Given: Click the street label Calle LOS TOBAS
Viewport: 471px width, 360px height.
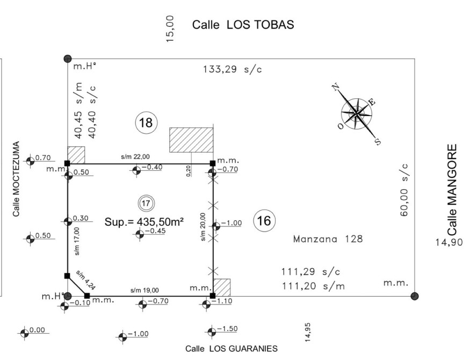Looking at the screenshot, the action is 243,25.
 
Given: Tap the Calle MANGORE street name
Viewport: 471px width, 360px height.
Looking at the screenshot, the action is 452,190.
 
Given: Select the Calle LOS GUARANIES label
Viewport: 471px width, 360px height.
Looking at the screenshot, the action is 231,349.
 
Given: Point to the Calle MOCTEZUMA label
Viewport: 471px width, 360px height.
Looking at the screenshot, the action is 16,179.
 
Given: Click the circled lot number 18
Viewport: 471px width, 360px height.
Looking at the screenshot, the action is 146,123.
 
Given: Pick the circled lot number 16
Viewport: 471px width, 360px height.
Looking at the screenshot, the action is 264,221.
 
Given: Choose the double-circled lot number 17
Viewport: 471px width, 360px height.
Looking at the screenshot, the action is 146,204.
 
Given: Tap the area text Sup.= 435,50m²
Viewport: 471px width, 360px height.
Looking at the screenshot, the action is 144,222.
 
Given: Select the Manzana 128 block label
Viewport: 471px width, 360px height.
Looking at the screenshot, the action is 328,239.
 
